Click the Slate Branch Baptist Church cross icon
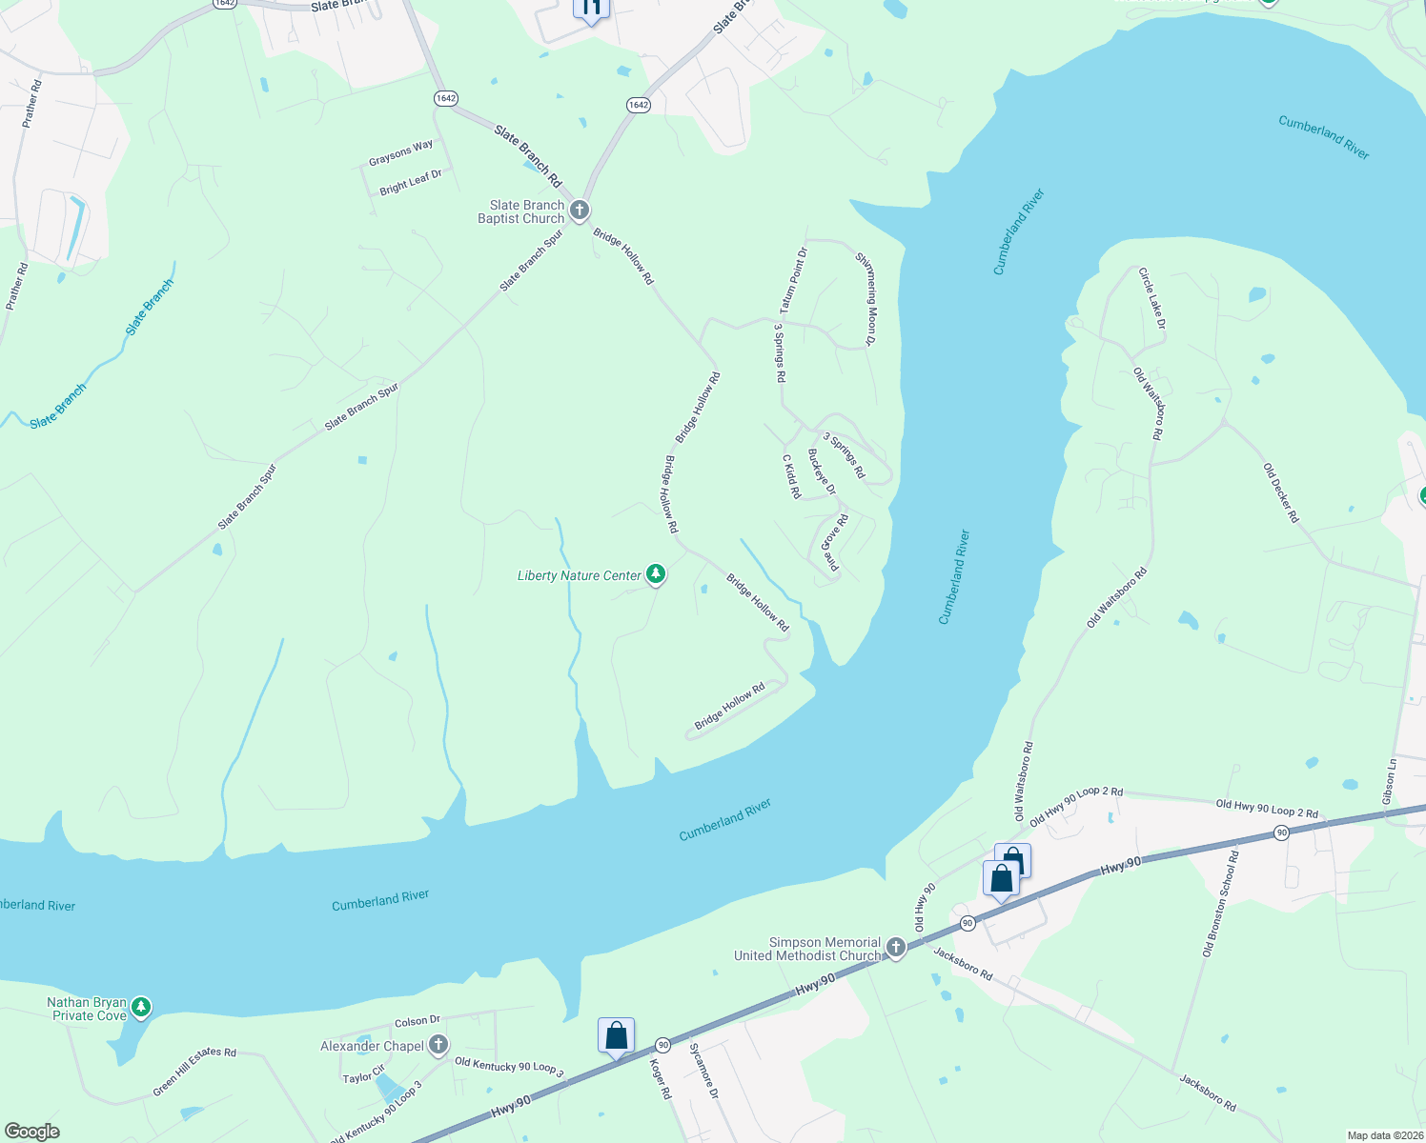click(579, 211)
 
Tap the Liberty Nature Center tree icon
click(655, 573)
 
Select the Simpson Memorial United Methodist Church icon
click(895, 947)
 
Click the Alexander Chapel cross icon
click(438, 1045)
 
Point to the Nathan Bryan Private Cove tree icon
click(141, 1006)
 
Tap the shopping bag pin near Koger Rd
click(616, 1036)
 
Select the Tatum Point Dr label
click(793, 280)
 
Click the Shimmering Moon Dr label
click(866, 298)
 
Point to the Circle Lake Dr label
click(1151, 298)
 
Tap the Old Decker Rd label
click(1281, 492)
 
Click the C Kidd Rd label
click(791, 476)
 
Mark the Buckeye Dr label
click(821, 471)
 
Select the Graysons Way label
click(401, 152)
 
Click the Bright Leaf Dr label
click(411, 182)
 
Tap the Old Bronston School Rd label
click(1221, 904)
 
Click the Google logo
click(32, 1132)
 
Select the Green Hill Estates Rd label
click(194, 1071)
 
